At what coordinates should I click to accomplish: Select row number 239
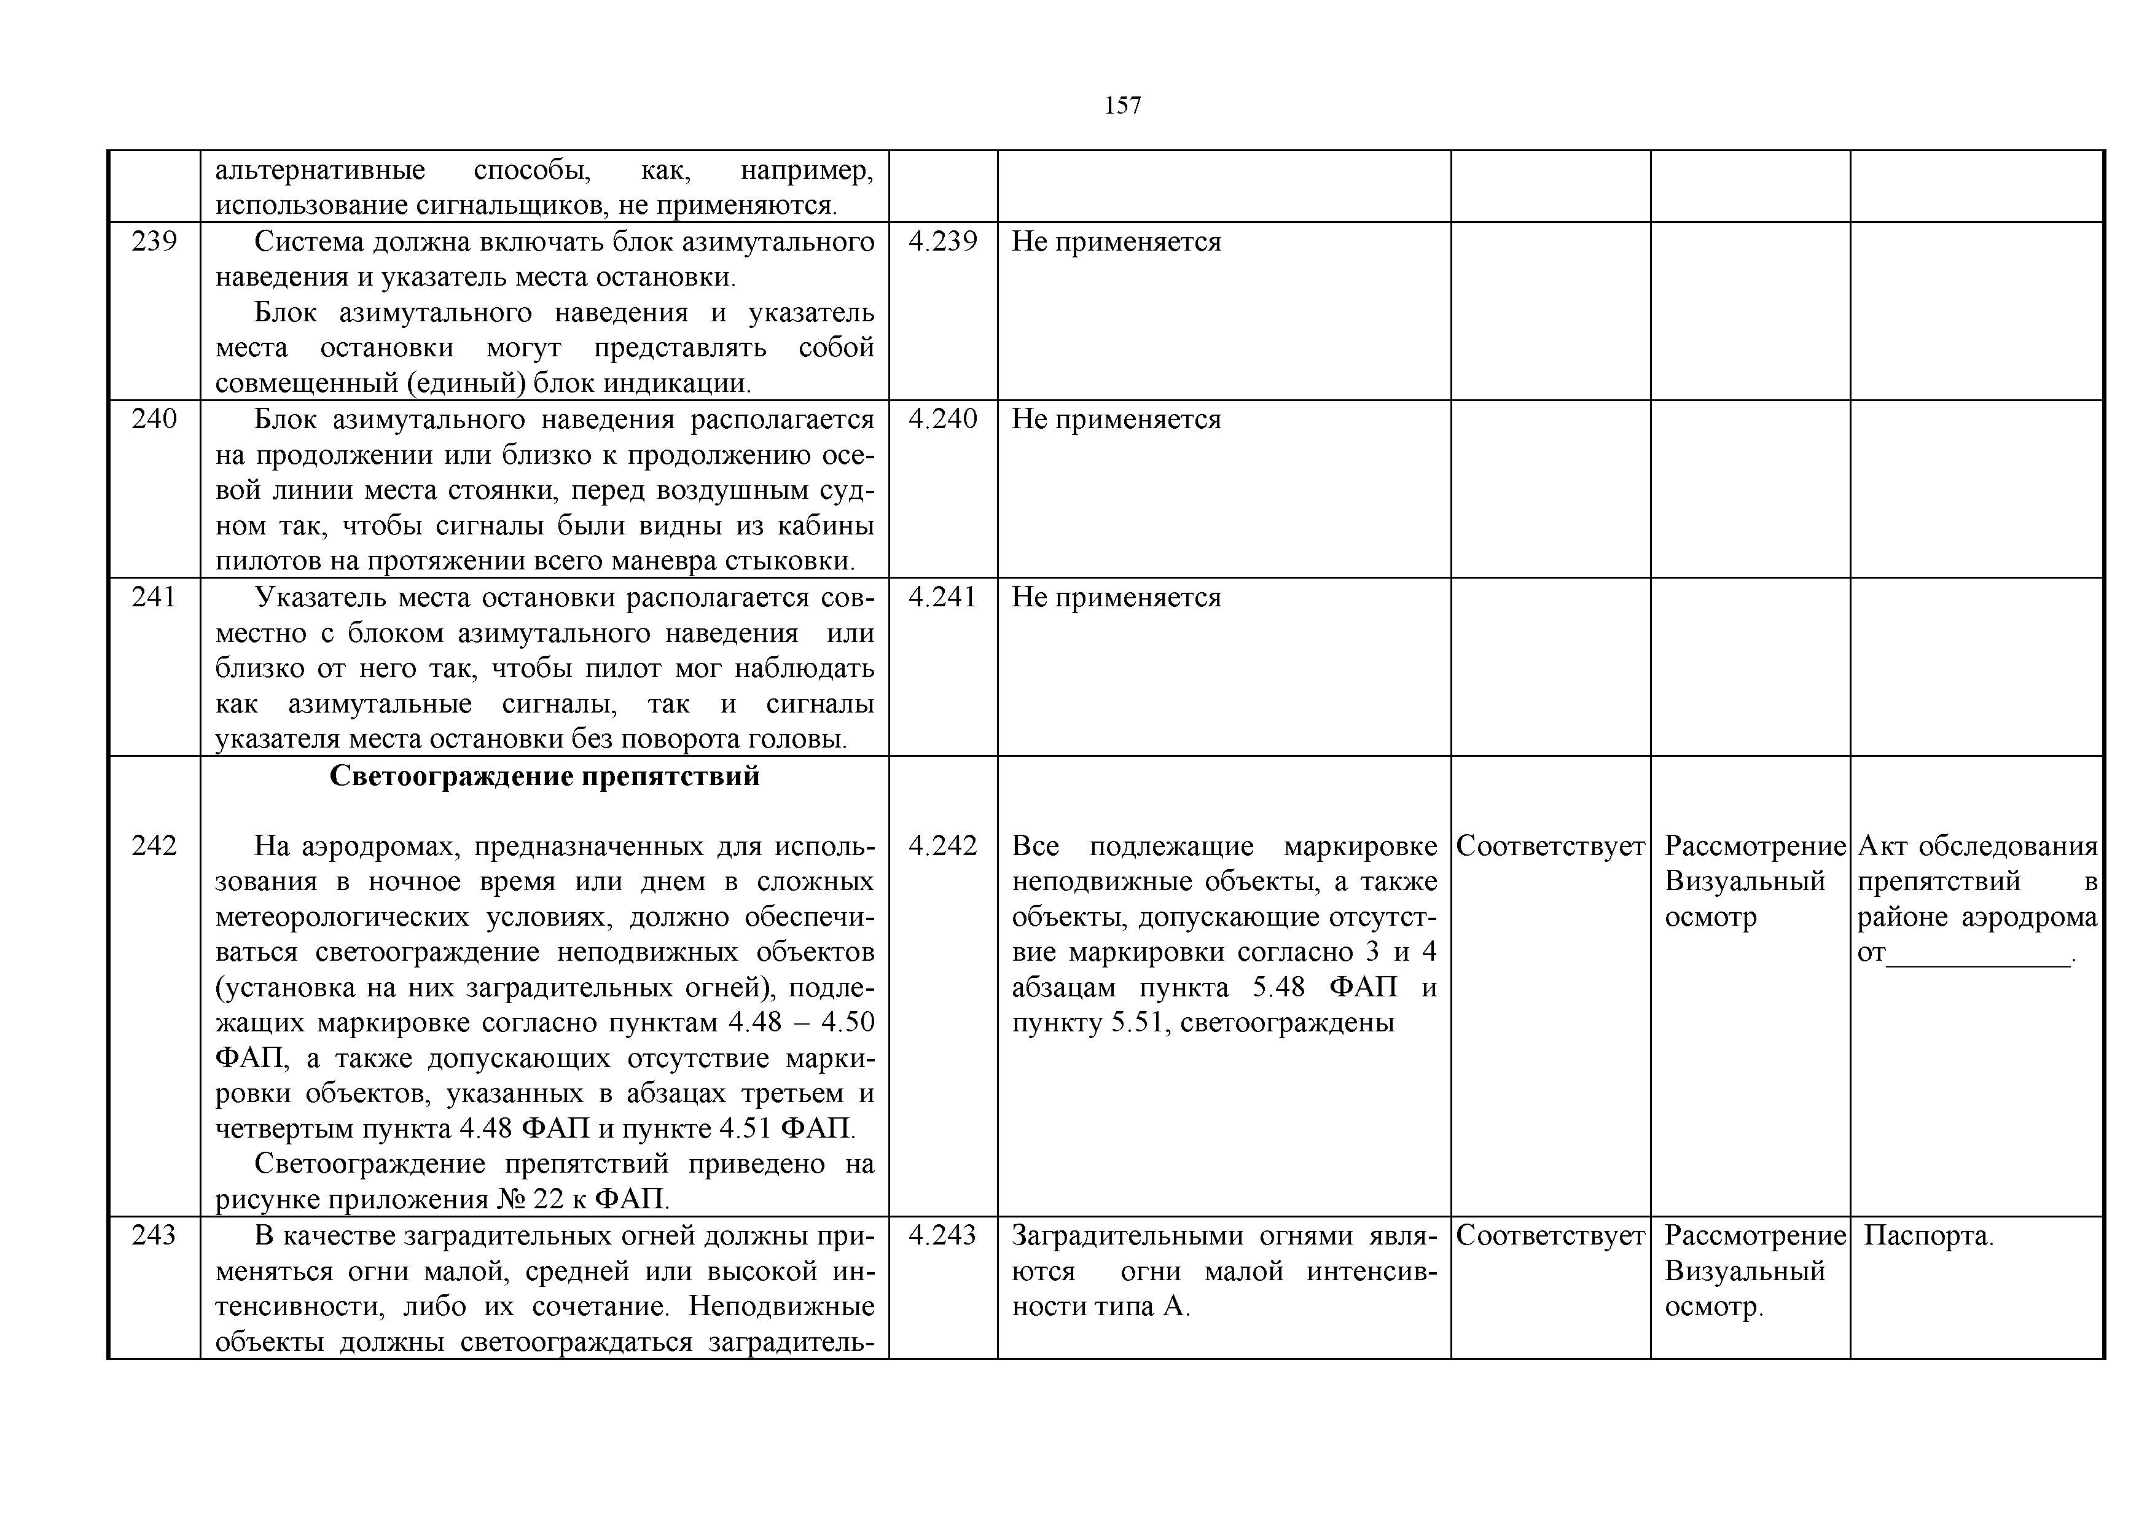pyautogui.click(x=154, y=242)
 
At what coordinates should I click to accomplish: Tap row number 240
pyautogui.click(x=154, y=420)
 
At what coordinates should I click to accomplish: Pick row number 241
pyautogui.click(x=154, y=598)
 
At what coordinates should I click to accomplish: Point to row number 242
pyautogui.click(x=154, y=846)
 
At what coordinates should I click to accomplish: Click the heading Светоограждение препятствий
pyautogui.click(x=544, y=777)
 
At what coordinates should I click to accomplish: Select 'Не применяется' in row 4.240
pyautogui.click(x=1116, y=420)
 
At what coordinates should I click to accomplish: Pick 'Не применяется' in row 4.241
pyautogui.click(x=1116, y=598)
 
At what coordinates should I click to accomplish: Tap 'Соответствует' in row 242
pyautogui.click(x=1550, y=846)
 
